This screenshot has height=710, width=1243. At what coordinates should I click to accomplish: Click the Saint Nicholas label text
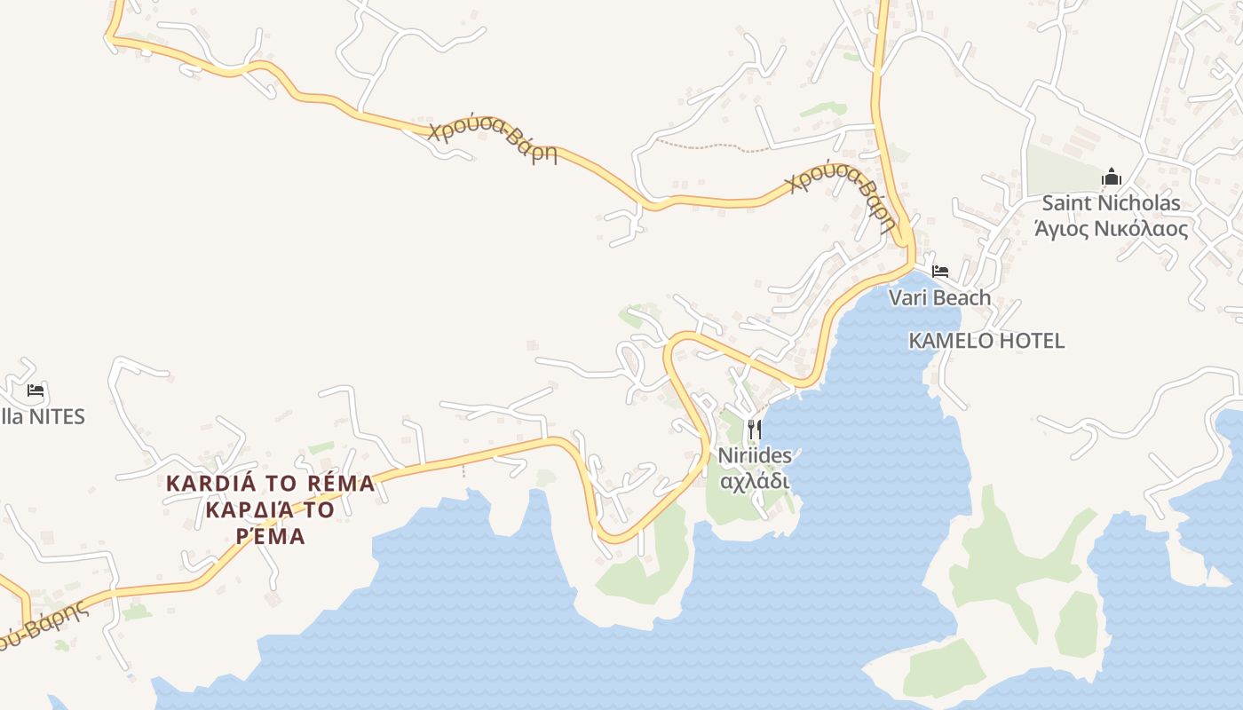[x=1111, y=203]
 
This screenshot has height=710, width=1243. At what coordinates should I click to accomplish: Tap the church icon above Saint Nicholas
[x=1111, y=178]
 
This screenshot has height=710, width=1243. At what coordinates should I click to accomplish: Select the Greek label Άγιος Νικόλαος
[x=1111, y=229]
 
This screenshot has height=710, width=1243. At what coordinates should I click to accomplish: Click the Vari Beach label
[x=939, y=297]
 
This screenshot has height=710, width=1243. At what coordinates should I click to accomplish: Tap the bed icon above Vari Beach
[x=939, y=271]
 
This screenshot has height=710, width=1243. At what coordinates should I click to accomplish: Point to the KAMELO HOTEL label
[x=986, y=341]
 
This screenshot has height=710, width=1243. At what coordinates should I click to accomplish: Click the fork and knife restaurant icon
[x=754, y=430]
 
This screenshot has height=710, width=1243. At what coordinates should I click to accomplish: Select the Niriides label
[x=754, y=455]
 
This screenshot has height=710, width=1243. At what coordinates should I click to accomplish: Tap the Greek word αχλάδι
[x=754, y=481]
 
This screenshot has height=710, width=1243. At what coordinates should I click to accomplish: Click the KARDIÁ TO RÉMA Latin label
[x=271, y=484]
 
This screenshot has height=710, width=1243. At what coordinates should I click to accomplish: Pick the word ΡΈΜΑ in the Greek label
[x=271, y=536]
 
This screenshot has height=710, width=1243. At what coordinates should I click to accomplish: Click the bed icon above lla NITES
[x=36, y=390]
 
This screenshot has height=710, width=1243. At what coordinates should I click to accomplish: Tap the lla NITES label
[x=43, y=416]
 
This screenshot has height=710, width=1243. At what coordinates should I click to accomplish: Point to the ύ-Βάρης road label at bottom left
[x=44, y=627]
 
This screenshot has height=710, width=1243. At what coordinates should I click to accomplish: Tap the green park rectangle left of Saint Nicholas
[x=1061, y=169]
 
